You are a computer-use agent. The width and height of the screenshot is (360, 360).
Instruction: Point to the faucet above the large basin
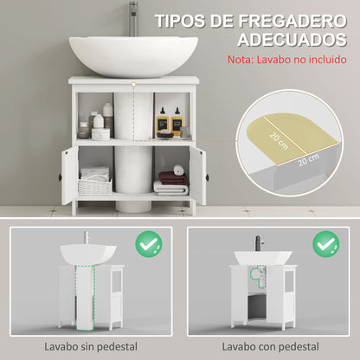(x=133, y=17)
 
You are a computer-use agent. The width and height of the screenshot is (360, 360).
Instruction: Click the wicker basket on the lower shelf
(x=94, y=185)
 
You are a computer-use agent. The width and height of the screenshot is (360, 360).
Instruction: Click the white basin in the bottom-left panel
(x=88, y=254)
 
